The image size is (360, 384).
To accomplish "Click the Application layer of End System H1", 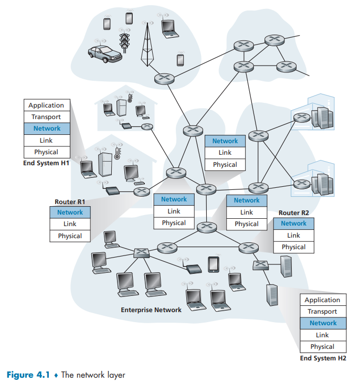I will [46, 105].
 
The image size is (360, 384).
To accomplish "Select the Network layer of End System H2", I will [323, 323].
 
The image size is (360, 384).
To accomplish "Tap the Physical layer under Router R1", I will [70, 236].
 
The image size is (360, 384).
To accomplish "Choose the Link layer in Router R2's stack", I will [293, 236].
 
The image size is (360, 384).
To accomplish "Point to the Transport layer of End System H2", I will [323, 312].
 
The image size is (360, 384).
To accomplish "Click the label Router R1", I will [70, 201].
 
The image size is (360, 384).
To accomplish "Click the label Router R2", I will [293, 212].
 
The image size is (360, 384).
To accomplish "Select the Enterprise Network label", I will [151, 310].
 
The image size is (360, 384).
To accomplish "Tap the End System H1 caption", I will [46, 163].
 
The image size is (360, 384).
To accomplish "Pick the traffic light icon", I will [125, 41].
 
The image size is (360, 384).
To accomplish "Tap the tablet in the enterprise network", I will [213, 264].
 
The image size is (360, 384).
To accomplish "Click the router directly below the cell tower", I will [164, 79].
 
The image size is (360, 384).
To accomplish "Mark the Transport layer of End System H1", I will [46, 117].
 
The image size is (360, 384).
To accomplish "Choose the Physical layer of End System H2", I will [323, 347].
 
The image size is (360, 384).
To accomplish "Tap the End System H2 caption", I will [323, 358].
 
